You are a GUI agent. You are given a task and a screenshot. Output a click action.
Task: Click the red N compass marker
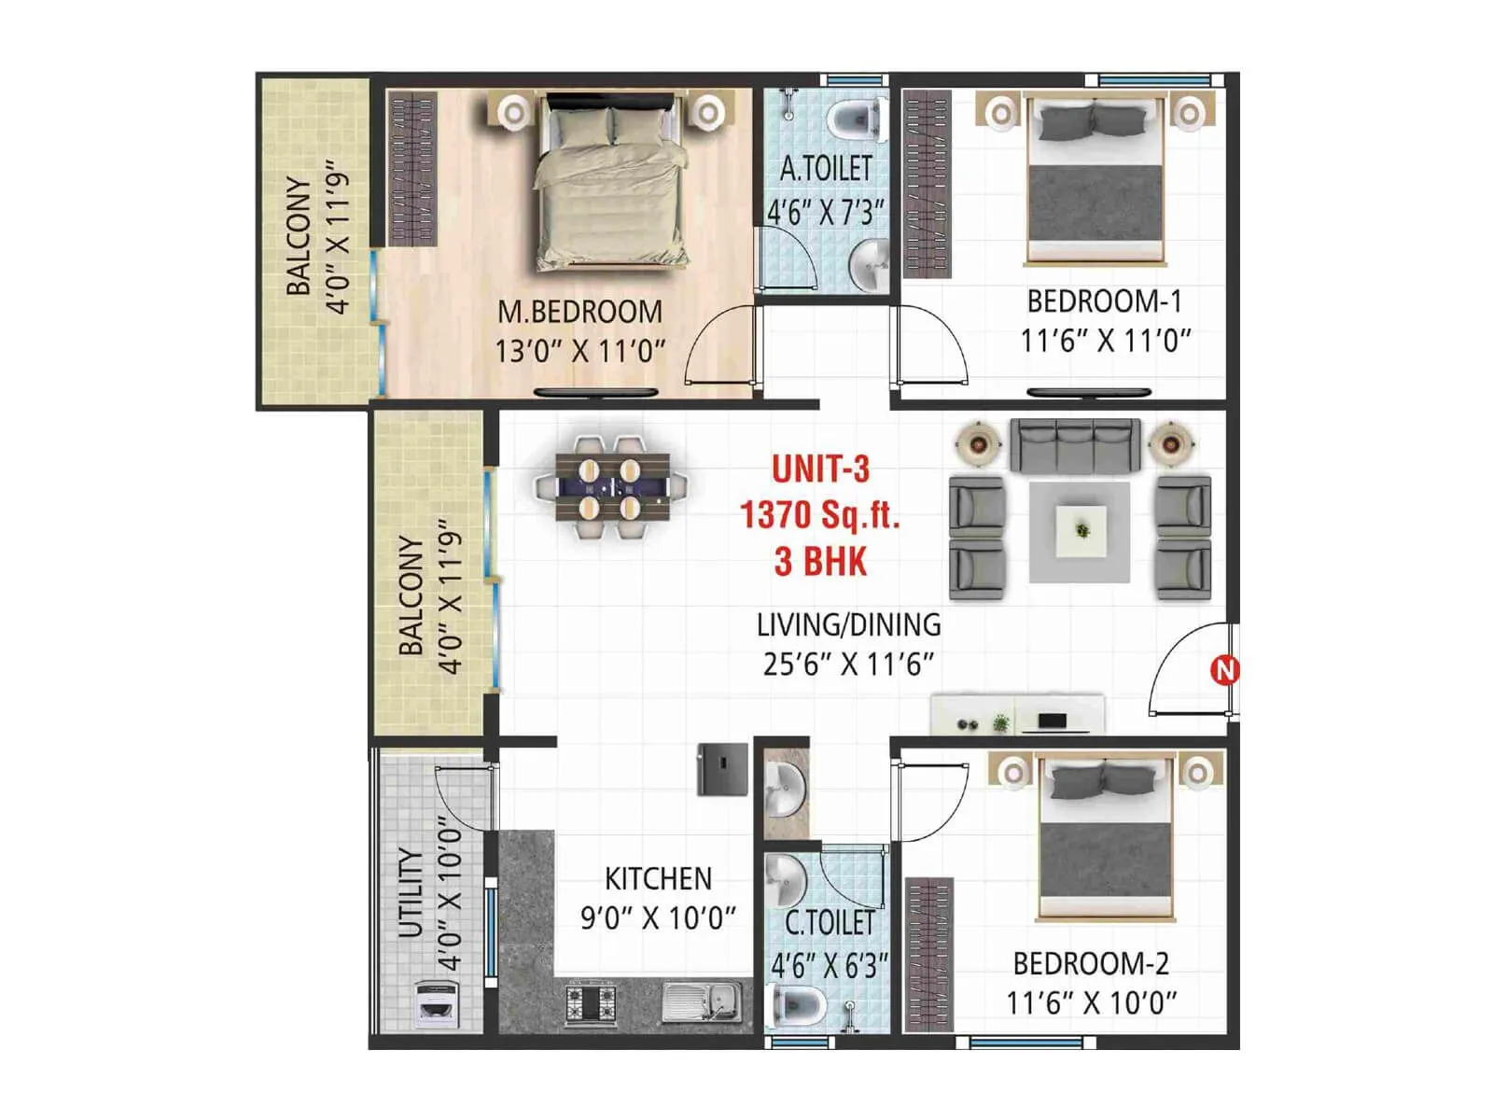(x=1224, y=669)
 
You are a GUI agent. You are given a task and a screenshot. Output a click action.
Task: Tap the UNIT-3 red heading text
(x=820, y=469)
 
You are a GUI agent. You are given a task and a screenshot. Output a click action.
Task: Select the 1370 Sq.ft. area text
(x=819, y=515)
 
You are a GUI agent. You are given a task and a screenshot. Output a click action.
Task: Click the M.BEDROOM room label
(x=579, y=311)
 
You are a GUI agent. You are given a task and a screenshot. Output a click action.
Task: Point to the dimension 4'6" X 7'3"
(x=825, y=213)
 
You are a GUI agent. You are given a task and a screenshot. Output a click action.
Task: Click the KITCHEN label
(x=658, y=878)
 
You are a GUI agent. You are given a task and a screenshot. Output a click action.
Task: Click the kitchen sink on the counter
(x=702, y=1003)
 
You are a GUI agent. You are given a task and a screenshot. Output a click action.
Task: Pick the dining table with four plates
(x=611, y=487)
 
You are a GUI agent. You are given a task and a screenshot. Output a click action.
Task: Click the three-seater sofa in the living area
(x=1075, y=444)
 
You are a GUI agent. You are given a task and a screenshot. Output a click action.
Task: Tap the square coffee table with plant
(x=1081, y=531)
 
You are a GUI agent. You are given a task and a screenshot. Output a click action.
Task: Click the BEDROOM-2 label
(x=1090, y=962)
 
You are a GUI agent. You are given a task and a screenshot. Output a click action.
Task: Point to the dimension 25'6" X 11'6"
(x=847, y=665)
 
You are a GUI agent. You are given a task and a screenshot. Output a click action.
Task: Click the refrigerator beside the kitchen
(x=722, y=769)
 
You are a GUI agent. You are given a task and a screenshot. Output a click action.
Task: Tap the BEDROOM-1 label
(x=1104, y=301)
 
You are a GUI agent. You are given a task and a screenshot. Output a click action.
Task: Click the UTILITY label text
(x=411, y=891)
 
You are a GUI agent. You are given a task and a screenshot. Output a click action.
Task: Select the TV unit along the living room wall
(x=1017, y=714)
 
